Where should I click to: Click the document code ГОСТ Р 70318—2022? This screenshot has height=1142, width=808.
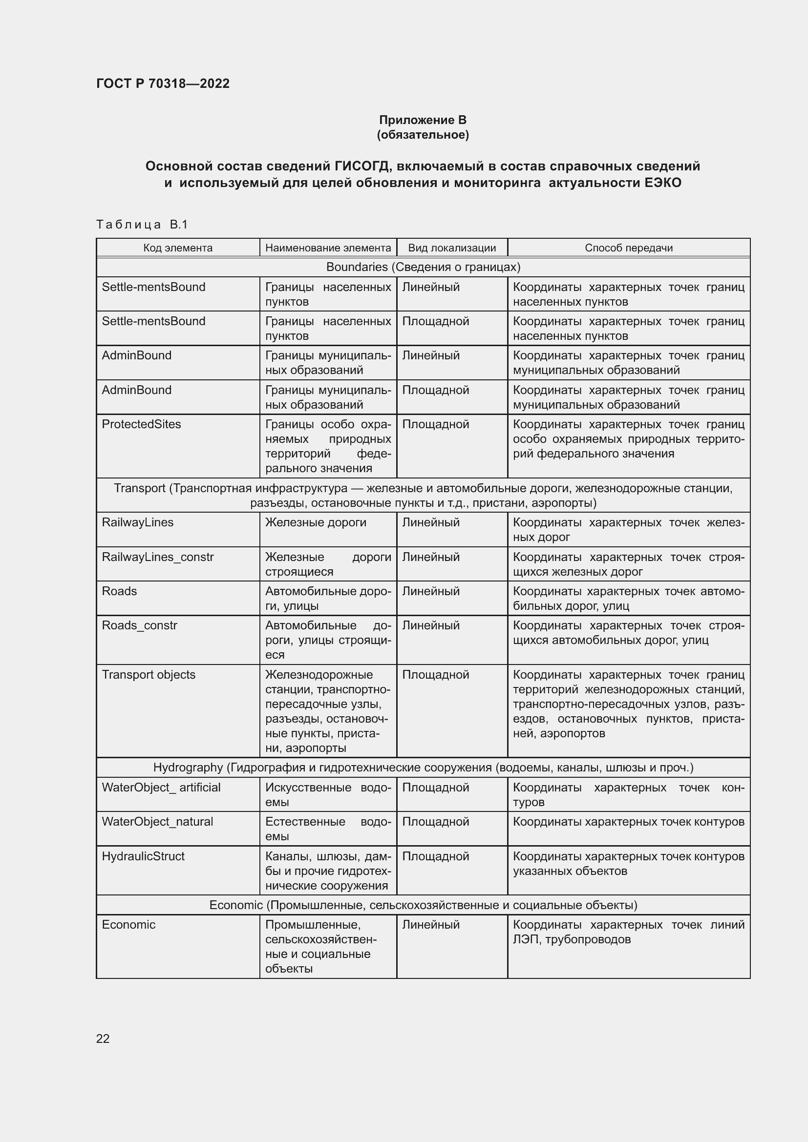163,83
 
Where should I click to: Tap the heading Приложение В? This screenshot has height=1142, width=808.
423,120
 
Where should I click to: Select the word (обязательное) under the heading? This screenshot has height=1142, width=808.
423,135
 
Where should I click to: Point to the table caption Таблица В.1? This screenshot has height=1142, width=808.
142,225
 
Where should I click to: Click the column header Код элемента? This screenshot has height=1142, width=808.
178,248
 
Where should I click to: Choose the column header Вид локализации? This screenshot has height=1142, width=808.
452,248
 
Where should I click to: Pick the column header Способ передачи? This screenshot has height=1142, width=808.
628,248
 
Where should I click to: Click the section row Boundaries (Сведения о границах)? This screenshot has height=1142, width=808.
423,267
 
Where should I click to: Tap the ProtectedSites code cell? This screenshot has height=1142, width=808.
141,424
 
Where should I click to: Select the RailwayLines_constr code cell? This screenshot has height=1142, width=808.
158,557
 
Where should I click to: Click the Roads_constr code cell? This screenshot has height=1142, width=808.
139,625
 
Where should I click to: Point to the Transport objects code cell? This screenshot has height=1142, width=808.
149,674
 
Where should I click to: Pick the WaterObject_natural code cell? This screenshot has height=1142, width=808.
157,822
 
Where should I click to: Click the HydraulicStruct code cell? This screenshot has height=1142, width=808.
143,856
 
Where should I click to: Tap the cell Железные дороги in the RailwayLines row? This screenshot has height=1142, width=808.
316,522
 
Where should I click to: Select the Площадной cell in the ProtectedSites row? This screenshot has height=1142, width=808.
435,424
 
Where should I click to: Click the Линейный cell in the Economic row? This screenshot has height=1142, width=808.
430,925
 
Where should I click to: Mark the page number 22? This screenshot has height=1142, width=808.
103,1038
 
